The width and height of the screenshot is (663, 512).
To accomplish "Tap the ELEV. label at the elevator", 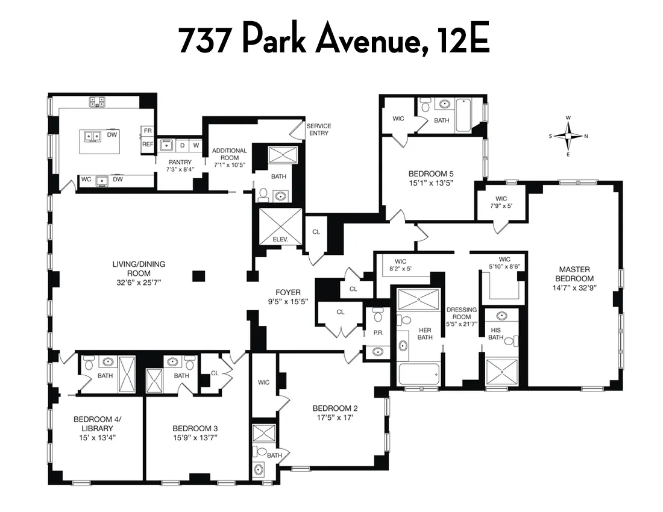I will (280, 239).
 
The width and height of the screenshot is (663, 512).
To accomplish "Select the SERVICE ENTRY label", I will (319, 130).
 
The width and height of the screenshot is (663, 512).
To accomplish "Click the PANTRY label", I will (180, 162).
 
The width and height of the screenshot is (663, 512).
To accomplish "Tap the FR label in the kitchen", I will (148, 131).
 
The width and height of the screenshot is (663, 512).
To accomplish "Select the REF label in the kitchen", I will (148, 145).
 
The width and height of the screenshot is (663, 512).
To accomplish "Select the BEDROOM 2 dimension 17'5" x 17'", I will (327, 417).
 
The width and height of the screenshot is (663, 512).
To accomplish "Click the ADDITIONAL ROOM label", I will (229, 154).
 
